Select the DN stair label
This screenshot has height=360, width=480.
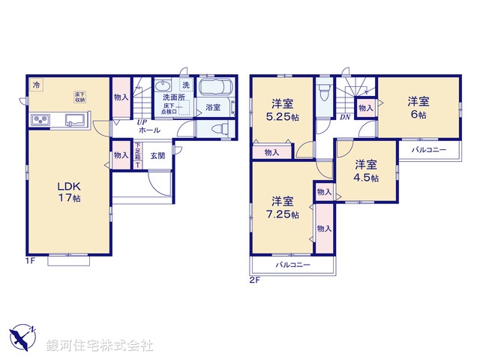pyautogui.click(x=345, y=118)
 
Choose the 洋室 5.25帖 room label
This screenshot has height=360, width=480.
pyautogui.click(x=282, y=111)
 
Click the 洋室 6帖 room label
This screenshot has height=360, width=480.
pyautogui.click(x=418, y=108)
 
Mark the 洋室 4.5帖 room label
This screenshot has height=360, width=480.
pyautogui.click(x=365, y=171)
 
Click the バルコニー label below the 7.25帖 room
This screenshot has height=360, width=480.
pyautogui.click(x=292, y=265)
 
